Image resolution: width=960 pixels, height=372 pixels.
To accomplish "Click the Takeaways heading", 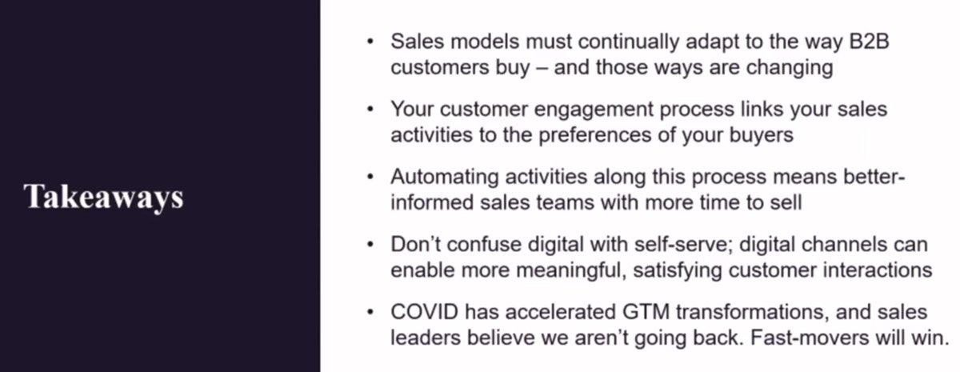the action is pyautogui.click(x=103, y=197).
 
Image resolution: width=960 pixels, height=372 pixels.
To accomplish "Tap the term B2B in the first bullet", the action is pyautogui.click(x=869, y=42).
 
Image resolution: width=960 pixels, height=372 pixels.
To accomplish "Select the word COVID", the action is pyautogui.click(x=424, y=312).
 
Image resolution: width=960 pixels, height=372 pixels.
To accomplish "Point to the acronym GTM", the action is pyautogui.click(x=646, y=312).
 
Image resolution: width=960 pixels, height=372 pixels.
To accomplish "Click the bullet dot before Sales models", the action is pyautogui.click(x=370, y=42).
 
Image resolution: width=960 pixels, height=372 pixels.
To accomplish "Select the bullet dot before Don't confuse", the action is pyautogui.click(x=370, y=245).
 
